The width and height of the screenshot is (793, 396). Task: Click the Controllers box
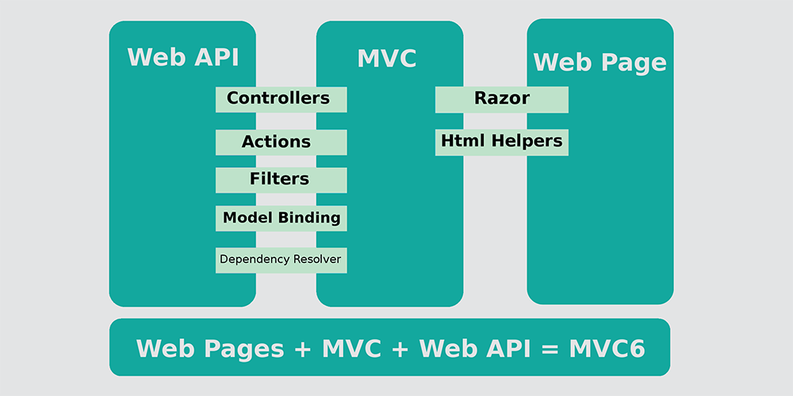[282, 100]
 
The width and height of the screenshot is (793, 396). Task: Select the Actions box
[282, 143]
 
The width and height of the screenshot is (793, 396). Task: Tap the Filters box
[282, 181]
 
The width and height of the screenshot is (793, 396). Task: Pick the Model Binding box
[282, 219]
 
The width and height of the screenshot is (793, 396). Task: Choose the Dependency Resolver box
[282, 260]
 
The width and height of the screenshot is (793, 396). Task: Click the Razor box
[502, 100]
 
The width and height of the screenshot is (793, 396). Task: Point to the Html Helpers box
[502, 143]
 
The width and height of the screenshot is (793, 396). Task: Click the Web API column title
[182, 57]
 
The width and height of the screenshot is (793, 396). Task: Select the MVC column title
[387, 59]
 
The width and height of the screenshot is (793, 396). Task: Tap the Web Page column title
[600, 63]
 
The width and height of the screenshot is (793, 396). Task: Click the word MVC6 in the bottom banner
[607, 348]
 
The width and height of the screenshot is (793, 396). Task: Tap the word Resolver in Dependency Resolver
[317, 260]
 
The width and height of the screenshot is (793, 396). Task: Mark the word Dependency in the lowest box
[255, 260]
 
